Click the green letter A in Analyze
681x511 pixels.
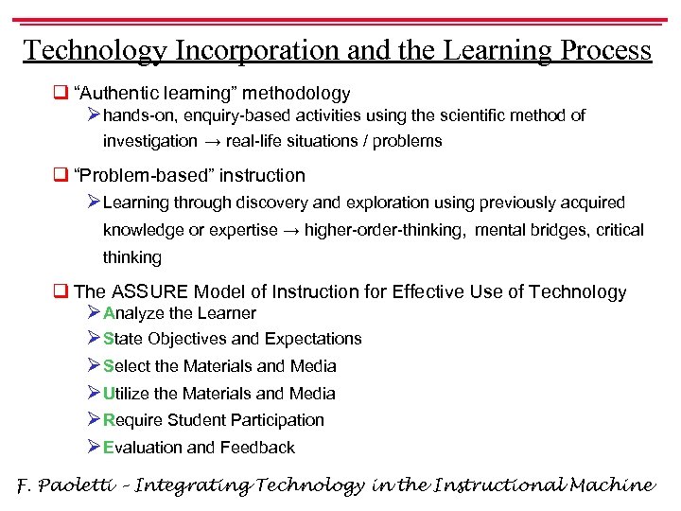109,313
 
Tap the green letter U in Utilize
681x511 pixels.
109,394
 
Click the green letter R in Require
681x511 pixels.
109,420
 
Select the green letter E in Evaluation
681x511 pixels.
109,448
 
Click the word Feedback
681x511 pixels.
257,448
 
